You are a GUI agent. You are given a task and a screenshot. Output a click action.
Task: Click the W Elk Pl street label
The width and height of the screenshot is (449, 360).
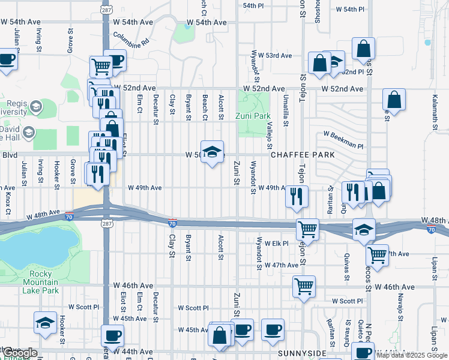[276, 244]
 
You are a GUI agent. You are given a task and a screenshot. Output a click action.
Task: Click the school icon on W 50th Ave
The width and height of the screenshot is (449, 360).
[211, 152]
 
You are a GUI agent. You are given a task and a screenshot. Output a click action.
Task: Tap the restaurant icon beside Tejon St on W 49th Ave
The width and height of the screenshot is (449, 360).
[296, 196]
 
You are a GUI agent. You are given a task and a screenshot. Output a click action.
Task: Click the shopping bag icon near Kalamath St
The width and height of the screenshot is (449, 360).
[394, 100]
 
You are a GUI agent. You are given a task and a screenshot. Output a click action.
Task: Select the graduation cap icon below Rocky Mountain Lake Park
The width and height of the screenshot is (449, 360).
[46, 324]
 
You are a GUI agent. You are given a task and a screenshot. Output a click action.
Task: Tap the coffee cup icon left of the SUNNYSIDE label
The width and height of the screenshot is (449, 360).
[273, 330]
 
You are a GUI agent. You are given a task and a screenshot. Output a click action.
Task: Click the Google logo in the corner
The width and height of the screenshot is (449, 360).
[20, 353]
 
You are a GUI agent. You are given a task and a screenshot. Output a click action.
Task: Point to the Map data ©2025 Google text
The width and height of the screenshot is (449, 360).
[412, 355]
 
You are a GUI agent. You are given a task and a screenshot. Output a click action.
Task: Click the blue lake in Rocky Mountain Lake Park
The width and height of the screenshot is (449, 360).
[36, 246]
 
